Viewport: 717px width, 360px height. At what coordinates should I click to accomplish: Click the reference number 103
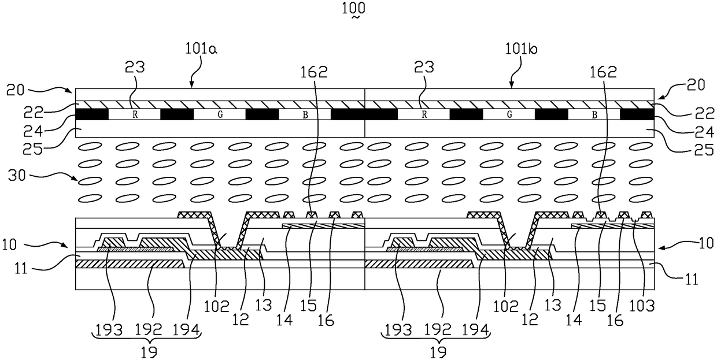pos(646,306)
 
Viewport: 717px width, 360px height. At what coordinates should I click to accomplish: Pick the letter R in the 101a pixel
pos(135,114)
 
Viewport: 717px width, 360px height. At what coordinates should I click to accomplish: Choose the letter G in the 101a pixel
pos(220,114)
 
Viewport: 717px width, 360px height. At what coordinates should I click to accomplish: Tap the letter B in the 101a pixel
pos(305,114)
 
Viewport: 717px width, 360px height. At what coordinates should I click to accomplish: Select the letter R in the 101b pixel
pos(424,114)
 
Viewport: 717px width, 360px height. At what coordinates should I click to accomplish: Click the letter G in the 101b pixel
pos(509,114)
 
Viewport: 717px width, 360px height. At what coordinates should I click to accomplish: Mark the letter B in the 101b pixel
pos(594,114)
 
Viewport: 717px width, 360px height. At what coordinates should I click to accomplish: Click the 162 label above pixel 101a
pos(313,72)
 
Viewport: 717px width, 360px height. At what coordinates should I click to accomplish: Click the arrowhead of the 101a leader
pos(191,87)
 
